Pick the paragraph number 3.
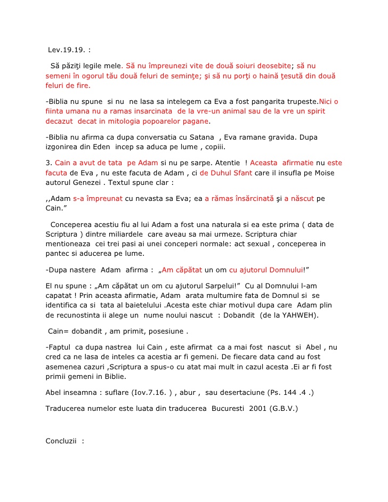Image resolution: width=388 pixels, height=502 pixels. [48, 163]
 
